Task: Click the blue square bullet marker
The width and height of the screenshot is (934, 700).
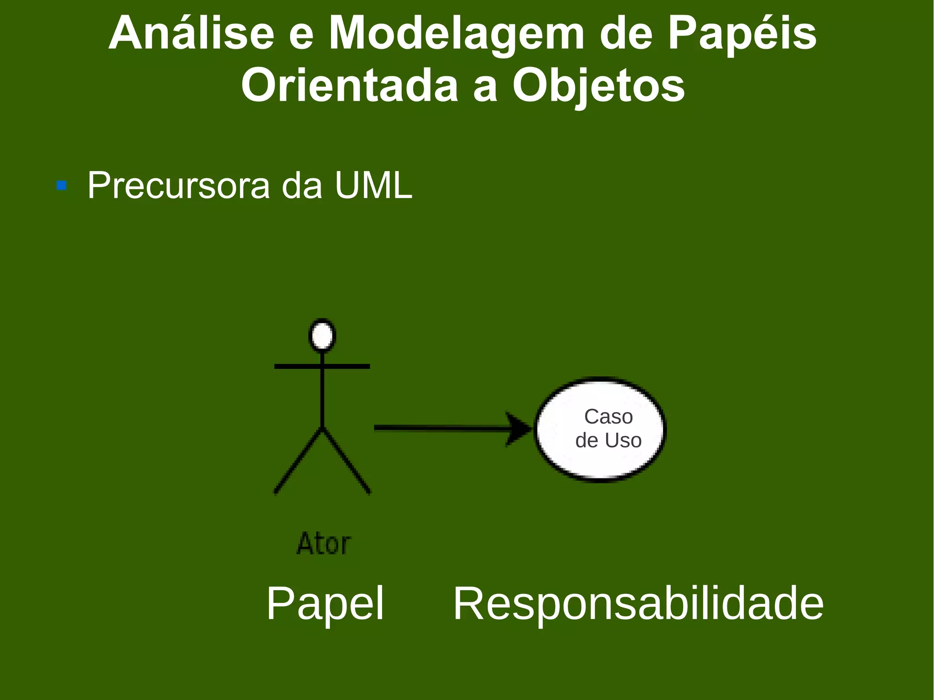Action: tap(62, 186)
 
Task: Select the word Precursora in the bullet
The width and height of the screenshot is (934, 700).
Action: tap(179, 186)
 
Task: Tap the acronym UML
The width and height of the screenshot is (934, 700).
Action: tap(373, 185)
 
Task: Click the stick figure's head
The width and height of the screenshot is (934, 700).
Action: tap(322, 336)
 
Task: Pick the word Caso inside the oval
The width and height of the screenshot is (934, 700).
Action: tap(608, 416)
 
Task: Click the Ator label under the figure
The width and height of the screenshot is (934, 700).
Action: tap(324, 544)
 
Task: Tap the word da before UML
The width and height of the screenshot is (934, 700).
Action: tap(302, 186)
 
